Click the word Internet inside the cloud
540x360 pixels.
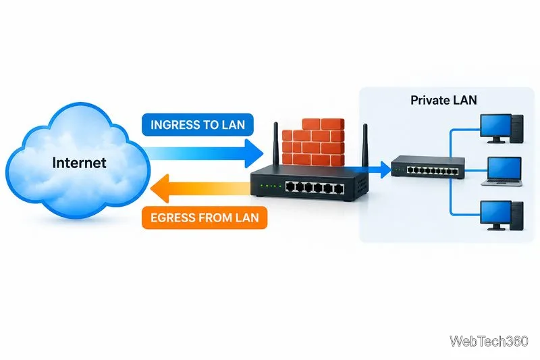pos(79,163)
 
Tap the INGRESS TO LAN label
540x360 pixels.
pos(198,125)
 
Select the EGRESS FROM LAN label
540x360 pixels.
pos(205,217)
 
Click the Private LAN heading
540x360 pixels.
pos(443,100)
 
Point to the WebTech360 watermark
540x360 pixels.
pos(489,341)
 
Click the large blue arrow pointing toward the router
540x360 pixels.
pos(203,153)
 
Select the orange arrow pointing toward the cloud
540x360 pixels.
pos(200,188)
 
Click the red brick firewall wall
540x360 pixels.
pos(313,142)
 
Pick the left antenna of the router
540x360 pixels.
pos(275,145)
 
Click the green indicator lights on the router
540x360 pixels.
pos(271,186)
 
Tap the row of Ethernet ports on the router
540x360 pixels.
pos(315,188)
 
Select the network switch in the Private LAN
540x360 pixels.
pos(428,167)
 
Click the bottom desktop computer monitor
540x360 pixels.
pos(495,215)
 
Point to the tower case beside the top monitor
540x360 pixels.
pos(517,129)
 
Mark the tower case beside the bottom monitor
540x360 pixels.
pos(517,216)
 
